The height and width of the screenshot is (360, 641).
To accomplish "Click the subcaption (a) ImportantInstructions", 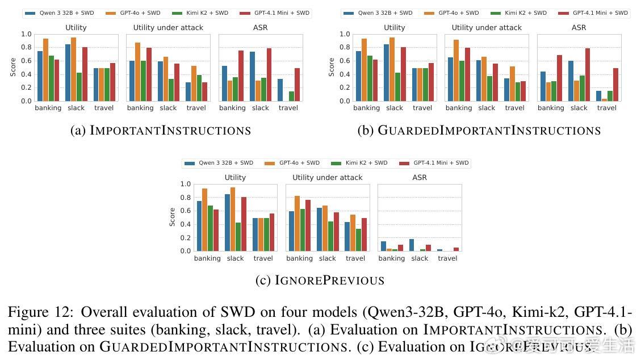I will point(161,131).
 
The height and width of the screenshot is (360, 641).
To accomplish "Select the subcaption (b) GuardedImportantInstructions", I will point(479,131).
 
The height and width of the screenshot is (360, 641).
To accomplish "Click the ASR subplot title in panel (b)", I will point(579,27).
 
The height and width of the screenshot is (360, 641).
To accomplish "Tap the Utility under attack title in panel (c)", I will point(328,178).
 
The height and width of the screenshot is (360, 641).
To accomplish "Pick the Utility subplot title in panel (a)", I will point(76,27).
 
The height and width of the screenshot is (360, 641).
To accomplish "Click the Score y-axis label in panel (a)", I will point(13,67).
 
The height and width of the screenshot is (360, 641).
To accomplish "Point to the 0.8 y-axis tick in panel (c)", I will point(185,198).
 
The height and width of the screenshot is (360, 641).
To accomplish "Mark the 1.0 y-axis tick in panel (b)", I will point(345,34).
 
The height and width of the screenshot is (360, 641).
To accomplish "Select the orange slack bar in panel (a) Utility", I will point(73,69).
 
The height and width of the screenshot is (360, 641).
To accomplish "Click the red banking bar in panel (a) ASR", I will point(241,76).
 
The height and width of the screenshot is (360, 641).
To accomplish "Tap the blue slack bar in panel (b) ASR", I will point(571,81).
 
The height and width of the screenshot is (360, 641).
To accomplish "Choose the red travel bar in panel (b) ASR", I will point(615,85).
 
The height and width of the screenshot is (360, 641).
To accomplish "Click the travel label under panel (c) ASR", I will point(447,258).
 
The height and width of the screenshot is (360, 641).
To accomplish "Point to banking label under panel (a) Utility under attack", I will point(140,108).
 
